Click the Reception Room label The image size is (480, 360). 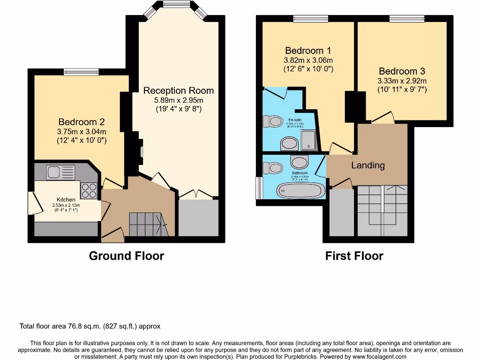(x=178, y=90)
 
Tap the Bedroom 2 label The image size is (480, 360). (x=82, y=122)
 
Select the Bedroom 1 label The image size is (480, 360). (x=308, y=51)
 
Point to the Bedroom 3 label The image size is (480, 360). (x=402, y=71)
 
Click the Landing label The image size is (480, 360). (x=368, y=165)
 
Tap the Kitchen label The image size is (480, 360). (x=66, y=200)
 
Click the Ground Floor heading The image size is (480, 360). (x=127, y=256)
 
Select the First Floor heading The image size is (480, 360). (x=354, y=256)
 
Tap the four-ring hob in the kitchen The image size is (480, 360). (x=89, y=190)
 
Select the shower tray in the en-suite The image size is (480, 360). (x=307, y=140)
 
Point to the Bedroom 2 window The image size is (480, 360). (x=78, y=72)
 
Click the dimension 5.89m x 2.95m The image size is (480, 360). (x=178, y=100)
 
